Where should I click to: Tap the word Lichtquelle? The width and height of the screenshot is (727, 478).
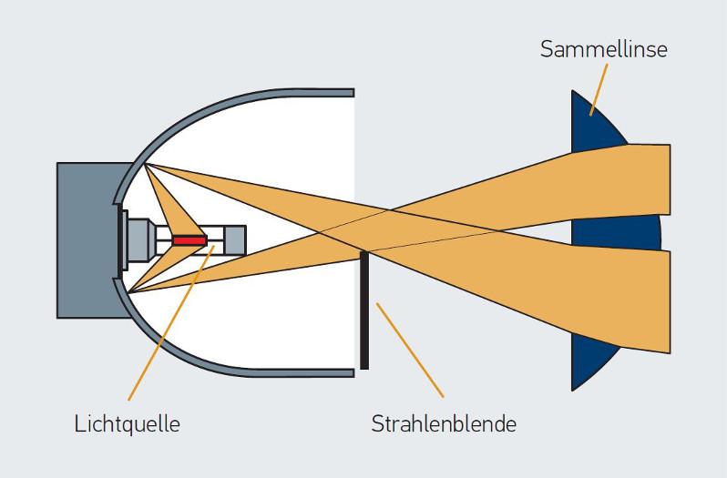[x=127, y=423]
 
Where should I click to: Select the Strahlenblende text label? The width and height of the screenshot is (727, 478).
[x=444, y=423]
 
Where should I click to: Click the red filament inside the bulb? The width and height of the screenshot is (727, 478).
[x=190, y=240]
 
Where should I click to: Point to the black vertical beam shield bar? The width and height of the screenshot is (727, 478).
[x=363, y=310]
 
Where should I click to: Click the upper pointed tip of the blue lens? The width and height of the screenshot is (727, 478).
[x=574, y=93]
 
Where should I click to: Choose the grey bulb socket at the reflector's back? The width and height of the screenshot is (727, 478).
[x=137, y=240]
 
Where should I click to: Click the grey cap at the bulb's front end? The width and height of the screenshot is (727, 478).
[x=235, y=240]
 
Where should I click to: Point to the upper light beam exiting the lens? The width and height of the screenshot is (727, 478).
[x=638, y=178]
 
